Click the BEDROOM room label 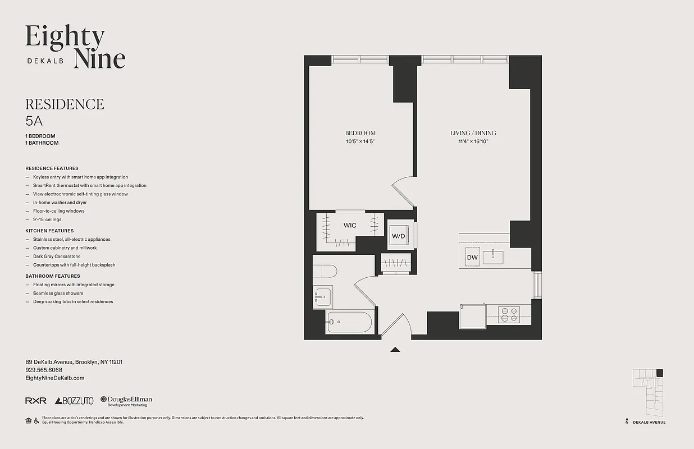(360, 133)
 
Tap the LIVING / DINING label (473, 133)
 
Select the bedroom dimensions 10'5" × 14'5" (360, 141)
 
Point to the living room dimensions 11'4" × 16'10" (473, 141)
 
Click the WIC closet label (350, 226)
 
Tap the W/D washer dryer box (399, 236)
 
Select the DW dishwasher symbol (472, 258)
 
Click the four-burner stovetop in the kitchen (510, 314)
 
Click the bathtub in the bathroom (349, 323)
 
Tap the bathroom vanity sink (323, 296)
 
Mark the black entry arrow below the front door (395, 349)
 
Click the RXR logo (36, 401)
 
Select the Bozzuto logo (75, 401)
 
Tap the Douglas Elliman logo (126, 401)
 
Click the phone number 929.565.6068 (44, 370)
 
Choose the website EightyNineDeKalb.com (55, 378)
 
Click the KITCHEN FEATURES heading (49, 231)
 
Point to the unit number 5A (34, 120)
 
